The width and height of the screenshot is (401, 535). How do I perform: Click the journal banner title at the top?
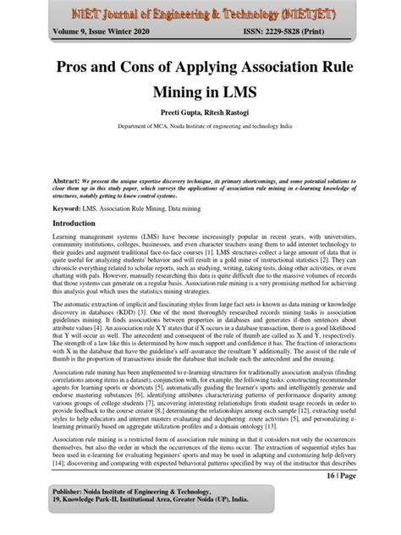[x=200, y=14]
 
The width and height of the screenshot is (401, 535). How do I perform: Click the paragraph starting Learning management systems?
[x=200, y=271]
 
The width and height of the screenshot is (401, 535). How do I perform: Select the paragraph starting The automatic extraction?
[x=200, y=345]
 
